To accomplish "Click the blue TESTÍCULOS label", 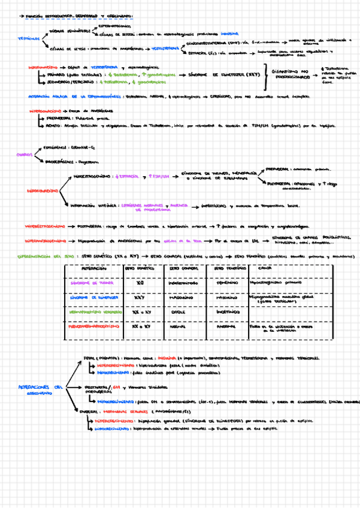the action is (x=29, y=38).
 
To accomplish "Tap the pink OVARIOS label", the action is (x=24, y=154).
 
